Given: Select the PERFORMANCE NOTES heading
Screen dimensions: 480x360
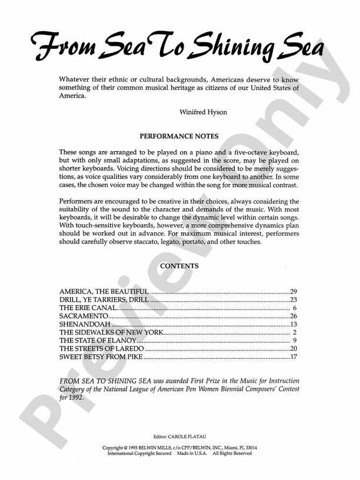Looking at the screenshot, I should tap(179, 136).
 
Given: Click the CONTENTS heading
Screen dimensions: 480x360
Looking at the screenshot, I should tap(179, 266).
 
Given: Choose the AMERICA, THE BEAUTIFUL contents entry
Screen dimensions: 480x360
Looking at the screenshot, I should tap(105, 292).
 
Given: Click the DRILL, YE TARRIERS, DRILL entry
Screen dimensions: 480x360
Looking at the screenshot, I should tap(104, 300).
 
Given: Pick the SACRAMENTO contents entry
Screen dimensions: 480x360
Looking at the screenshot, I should tap(83, 316).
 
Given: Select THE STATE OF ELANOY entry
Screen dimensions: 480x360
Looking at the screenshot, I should tap(98, 341).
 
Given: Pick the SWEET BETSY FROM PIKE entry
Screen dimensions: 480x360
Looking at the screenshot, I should tap(101, 358).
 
